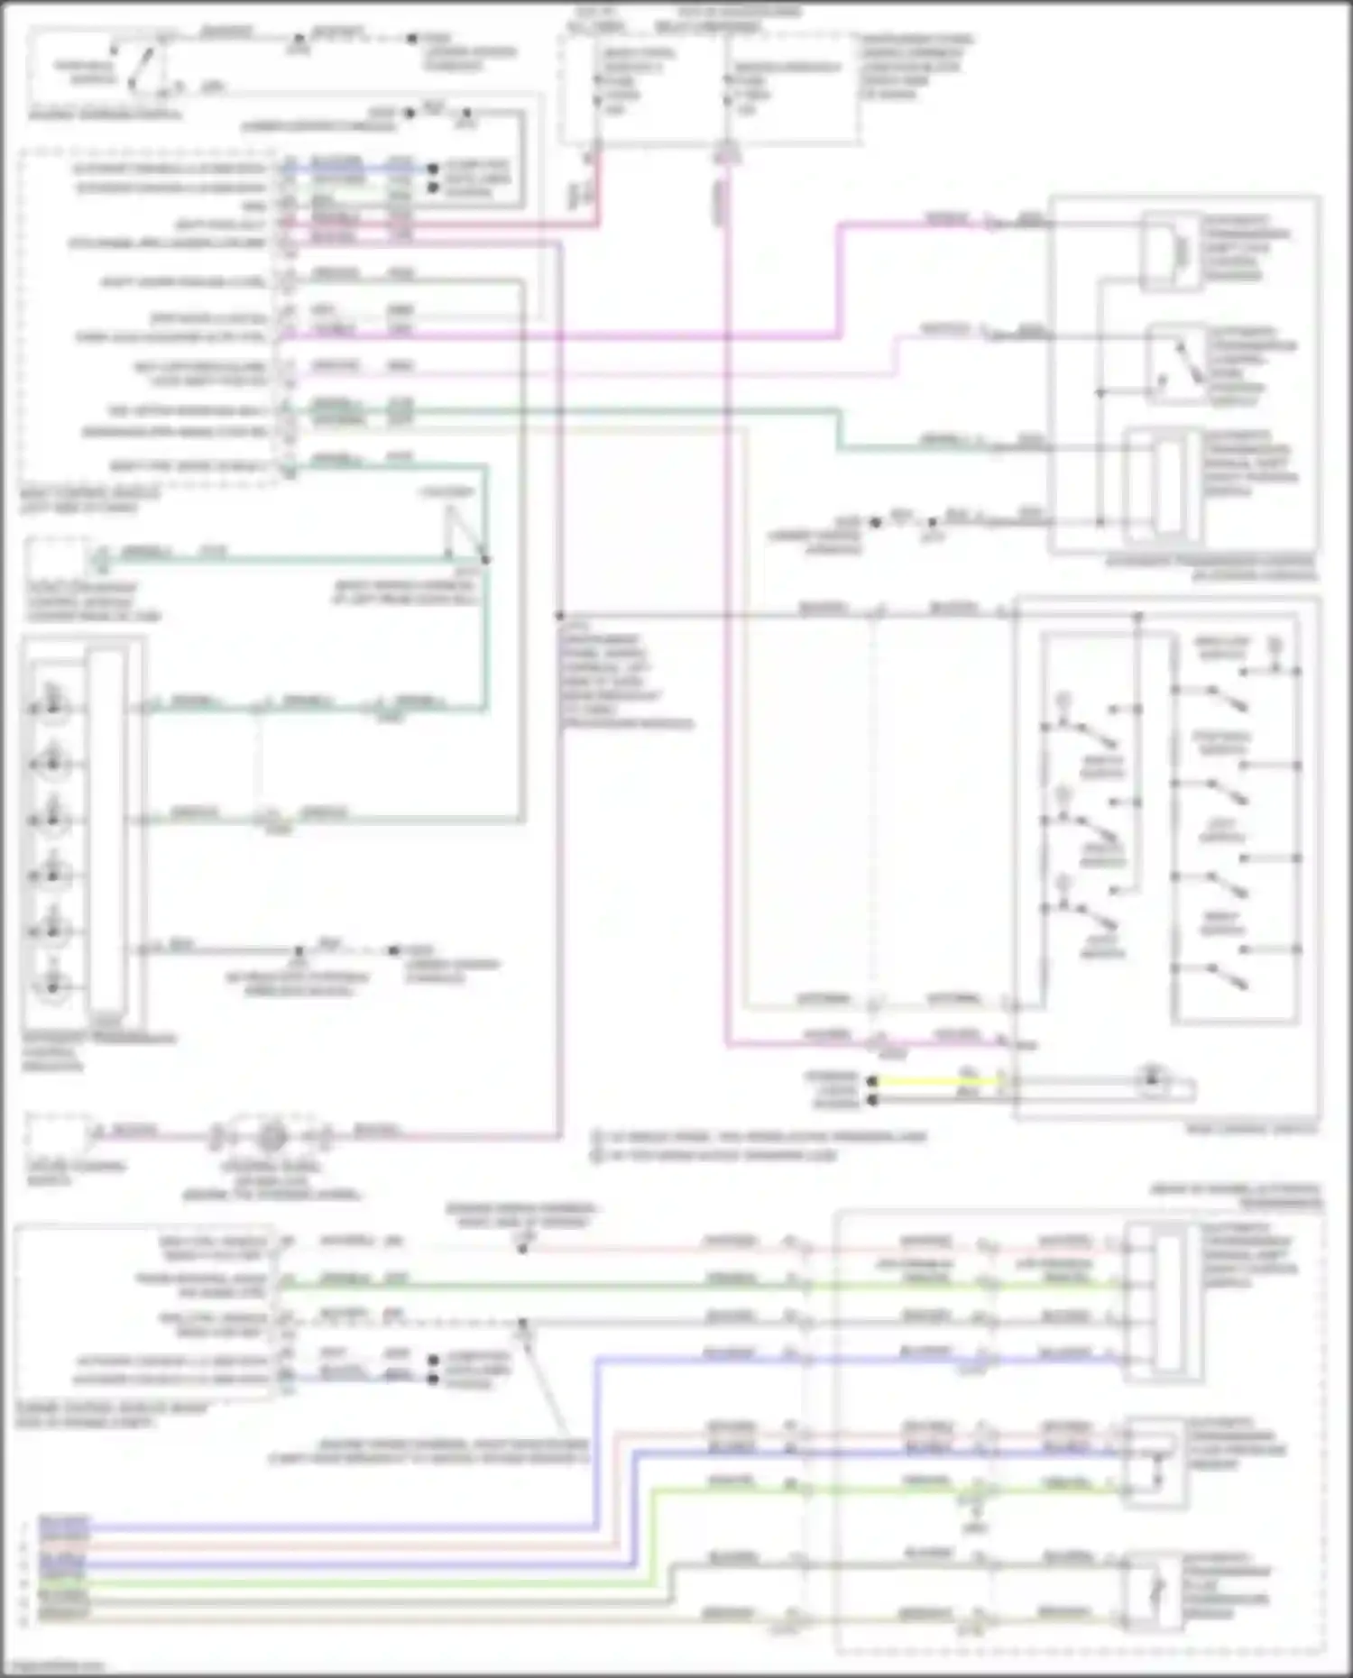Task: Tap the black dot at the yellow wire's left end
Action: tap(872, 1081)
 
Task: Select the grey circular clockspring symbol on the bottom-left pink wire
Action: tap(268, 1138)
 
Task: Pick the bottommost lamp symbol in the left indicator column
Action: tap(51, 986)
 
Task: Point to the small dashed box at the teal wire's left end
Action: tap(59, 559)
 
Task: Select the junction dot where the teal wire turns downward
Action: tap(486, 560)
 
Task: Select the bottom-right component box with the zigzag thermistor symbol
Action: tap(1154, 1592)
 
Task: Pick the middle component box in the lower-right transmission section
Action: tap(1154, 1463)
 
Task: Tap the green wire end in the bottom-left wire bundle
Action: tap(63, 1582)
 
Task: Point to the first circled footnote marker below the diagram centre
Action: tap(597, 1137)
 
